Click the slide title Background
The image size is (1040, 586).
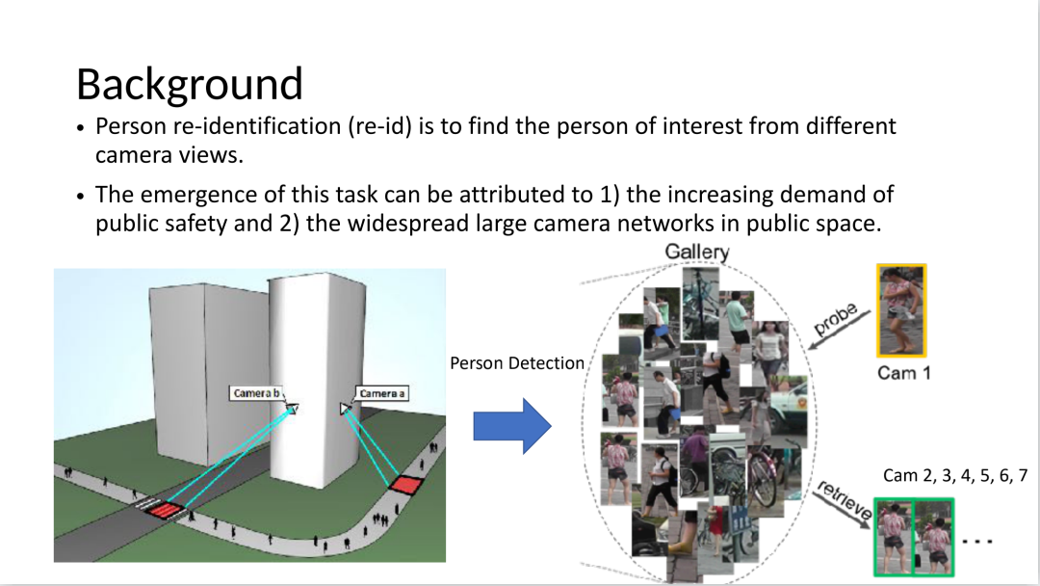point(189,84)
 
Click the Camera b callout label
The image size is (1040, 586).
point(257,393)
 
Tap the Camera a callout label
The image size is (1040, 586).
point(382,393)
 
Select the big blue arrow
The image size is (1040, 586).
point(511,425)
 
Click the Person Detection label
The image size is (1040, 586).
point(517,363)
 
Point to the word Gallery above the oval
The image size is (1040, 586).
point(697,253)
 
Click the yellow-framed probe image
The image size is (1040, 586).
point(901,310)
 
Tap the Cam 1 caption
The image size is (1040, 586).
point(903,372)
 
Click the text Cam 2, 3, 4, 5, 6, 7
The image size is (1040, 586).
point(955,475)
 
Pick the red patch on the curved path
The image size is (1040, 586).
point(407,484)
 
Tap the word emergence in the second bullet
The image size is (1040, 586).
point(197,195)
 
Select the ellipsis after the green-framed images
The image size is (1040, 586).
point(980,540)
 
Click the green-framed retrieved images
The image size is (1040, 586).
point(913,538)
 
